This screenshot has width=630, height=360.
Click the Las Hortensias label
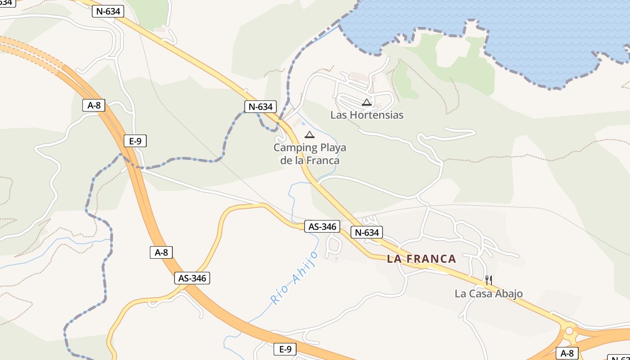[367, 115]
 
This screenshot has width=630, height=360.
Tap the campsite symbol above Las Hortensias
[367, 102]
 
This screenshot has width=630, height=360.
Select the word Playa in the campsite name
[333, 148]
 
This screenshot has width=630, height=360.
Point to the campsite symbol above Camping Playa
[310, 134]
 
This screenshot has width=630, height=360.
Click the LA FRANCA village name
[422, 259]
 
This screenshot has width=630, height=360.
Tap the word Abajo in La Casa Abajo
[508, 294]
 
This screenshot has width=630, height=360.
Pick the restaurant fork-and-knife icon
[489, 280]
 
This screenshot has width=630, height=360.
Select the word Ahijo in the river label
[305, 267]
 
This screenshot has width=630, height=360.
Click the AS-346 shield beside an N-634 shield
[322, 226]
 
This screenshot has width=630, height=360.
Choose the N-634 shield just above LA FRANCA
[367, 232]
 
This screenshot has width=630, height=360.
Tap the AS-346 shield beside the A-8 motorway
[192, 278]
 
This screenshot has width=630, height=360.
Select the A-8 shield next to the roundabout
[567, 353]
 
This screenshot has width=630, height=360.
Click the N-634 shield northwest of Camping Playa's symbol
[260, 107]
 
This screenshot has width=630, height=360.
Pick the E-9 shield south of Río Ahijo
[285, 349]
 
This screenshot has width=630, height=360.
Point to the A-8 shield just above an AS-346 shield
[161, 252]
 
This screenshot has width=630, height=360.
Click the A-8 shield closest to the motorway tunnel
[94, 105]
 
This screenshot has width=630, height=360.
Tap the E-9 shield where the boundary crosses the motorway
[135, 141]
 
